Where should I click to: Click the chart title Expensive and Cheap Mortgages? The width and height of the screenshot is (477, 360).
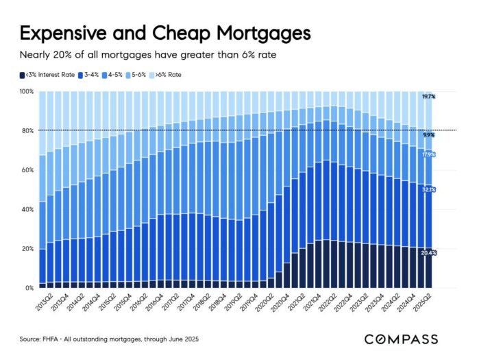[164, 33]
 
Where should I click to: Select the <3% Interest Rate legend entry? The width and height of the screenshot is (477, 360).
[49, 75]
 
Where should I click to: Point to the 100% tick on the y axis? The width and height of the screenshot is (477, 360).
[26, 91]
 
